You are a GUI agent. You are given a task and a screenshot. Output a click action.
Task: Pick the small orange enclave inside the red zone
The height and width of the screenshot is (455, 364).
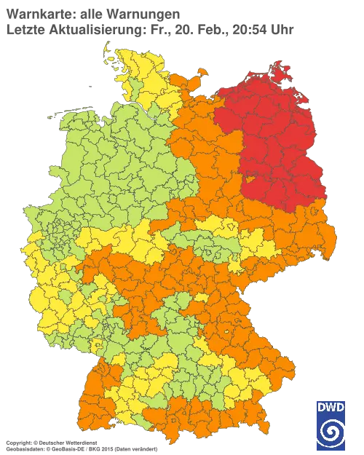251,178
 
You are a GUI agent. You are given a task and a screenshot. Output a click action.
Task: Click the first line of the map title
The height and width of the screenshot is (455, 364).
91,13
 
